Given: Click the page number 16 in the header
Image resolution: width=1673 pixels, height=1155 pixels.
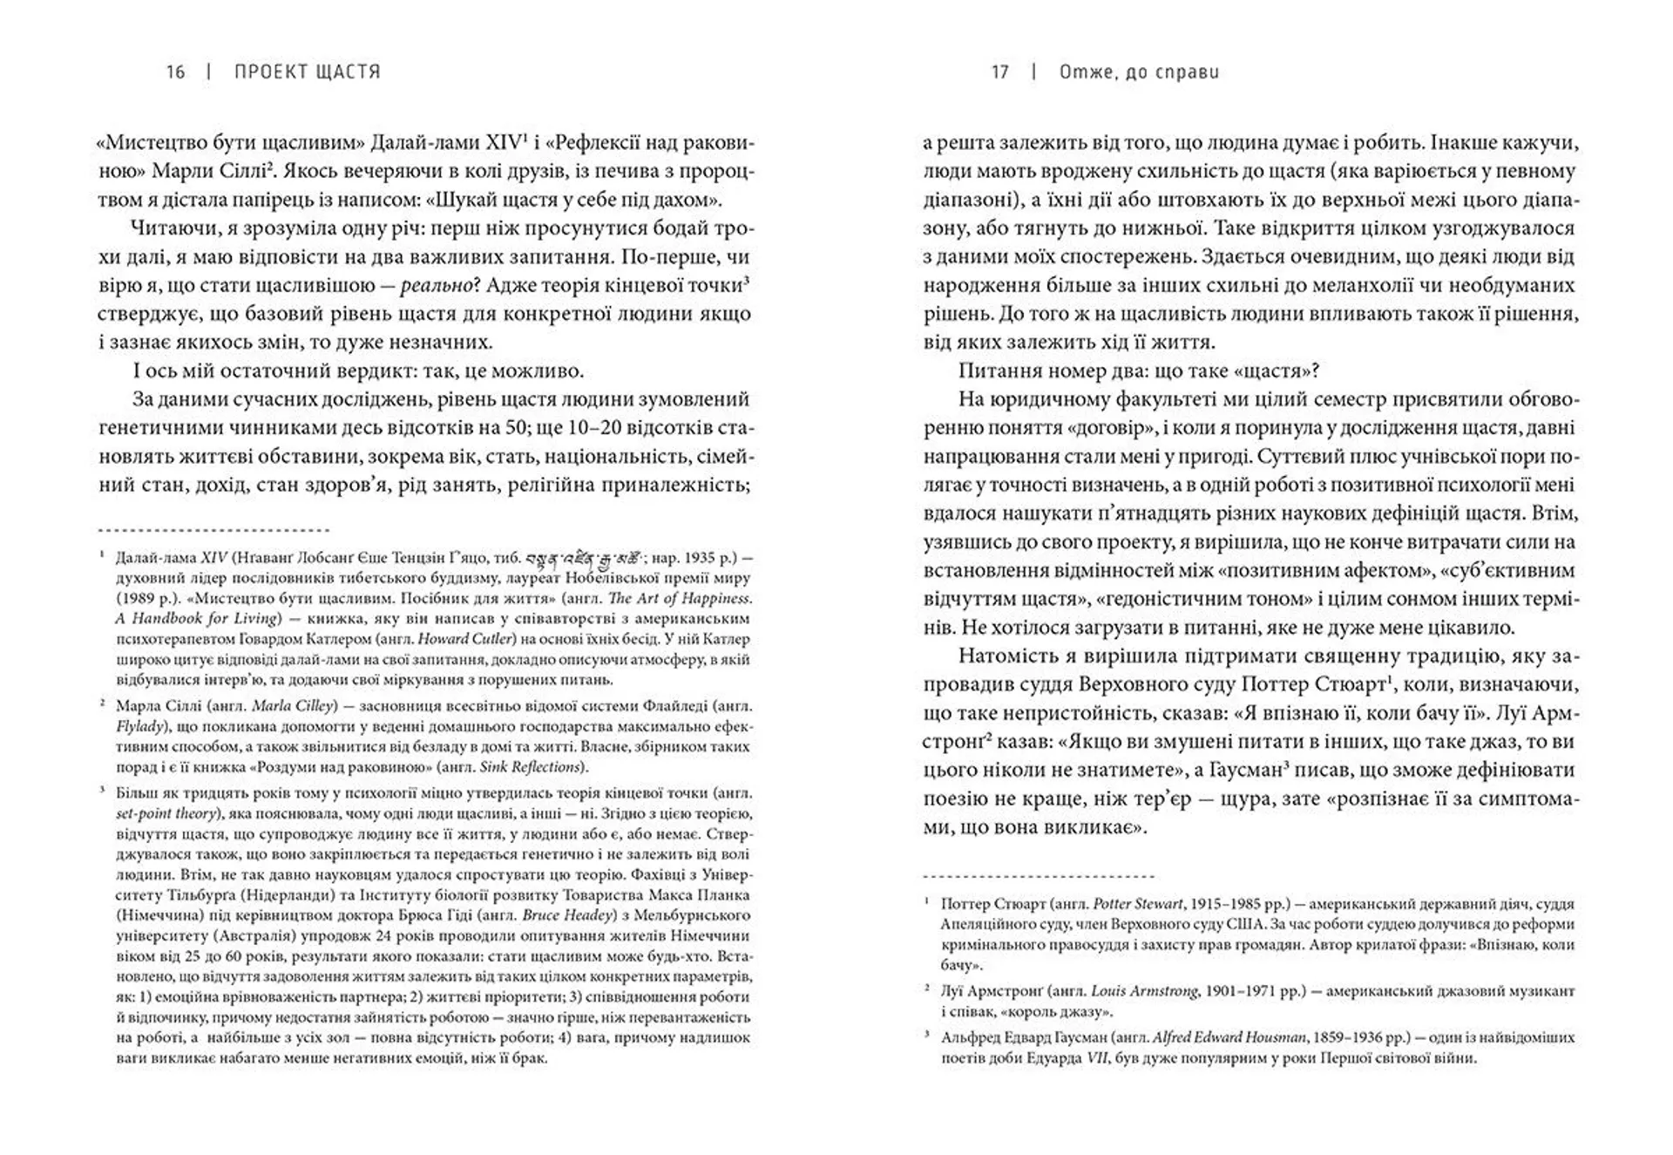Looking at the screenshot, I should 175,72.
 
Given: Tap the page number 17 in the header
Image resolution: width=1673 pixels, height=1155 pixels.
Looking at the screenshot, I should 999,72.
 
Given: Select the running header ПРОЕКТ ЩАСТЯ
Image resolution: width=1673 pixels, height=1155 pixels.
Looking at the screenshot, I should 308,72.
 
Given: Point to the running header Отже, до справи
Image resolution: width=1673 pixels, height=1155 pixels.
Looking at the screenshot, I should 1139,72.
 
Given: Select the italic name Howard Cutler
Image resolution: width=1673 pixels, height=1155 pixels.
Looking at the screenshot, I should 491,639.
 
